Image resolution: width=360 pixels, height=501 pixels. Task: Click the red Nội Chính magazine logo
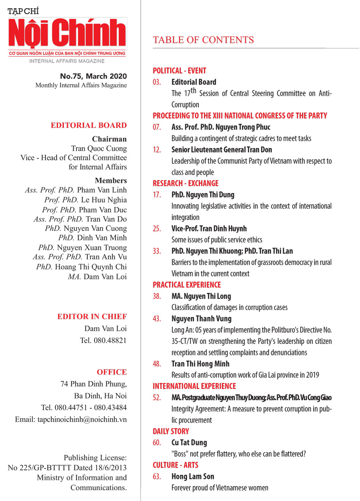point(67,35)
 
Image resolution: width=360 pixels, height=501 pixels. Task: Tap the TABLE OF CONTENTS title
point(203,40)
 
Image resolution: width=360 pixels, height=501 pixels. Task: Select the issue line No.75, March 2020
point(94,76)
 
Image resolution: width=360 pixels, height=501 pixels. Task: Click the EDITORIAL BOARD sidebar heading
point(89,125)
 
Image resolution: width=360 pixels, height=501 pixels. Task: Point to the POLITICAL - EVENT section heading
point(180,71)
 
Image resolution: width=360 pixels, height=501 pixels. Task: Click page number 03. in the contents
point(157,82)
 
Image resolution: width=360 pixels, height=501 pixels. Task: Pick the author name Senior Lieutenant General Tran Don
point(222,149)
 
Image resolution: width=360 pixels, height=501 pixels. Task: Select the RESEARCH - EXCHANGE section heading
point(185,183)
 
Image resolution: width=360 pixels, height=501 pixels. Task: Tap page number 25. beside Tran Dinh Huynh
point(157,229)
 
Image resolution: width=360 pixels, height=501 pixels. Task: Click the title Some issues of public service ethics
point(217,240)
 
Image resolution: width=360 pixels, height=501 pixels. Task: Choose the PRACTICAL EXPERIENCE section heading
point(187,285)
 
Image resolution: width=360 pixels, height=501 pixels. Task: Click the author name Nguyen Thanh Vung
point(202,319)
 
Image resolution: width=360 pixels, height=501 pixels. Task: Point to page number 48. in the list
point(157,364)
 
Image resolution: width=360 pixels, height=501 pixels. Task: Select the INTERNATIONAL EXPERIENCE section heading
point(194,386)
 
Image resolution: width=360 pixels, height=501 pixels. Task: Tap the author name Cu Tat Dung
point(189,443)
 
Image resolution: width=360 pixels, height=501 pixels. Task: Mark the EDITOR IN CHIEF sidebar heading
point(92,317)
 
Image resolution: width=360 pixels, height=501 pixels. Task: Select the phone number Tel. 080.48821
point(103,340)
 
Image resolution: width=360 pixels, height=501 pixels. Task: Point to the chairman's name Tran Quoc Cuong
point(99,148)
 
